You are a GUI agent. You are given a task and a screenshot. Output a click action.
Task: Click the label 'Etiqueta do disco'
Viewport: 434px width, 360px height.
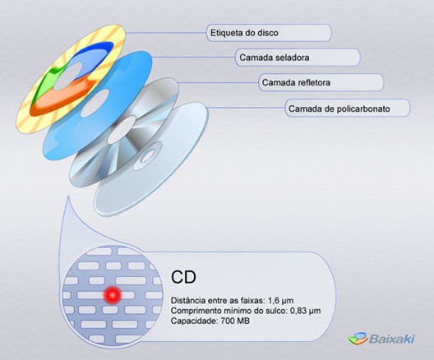tap(244, 33)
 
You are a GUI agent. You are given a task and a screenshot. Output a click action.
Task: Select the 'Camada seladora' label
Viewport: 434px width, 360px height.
tap(275, 58)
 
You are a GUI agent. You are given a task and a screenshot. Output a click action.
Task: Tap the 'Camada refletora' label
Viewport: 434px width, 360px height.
tap(296, 82)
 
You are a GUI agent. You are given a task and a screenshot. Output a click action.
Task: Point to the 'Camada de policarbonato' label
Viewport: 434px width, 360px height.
tap(339, 108)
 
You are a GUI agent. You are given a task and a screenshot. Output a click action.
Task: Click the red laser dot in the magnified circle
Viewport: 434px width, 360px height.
tap(113, 295)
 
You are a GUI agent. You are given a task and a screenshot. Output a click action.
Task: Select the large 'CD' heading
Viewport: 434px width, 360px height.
tap(183, 277)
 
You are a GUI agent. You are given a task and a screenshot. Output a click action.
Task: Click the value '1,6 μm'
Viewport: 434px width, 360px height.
tap(280, 301)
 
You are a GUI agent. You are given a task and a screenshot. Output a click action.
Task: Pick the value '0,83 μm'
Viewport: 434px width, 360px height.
tap(305, 311)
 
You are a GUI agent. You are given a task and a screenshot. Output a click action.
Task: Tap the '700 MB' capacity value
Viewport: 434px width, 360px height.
tap(235, 321)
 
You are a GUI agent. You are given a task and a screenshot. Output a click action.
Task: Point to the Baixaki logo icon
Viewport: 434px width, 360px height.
tap(358, 338)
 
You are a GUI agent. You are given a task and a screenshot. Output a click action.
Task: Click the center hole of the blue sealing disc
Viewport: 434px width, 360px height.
tap(95, 104)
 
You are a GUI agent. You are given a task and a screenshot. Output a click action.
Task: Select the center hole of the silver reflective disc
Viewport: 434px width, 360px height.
tap(121, 130)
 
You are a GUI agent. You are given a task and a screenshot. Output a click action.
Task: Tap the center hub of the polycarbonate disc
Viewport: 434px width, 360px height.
tap(148, 156)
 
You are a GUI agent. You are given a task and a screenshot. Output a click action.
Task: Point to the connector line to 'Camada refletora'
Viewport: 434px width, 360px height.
tap(218, 82)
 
